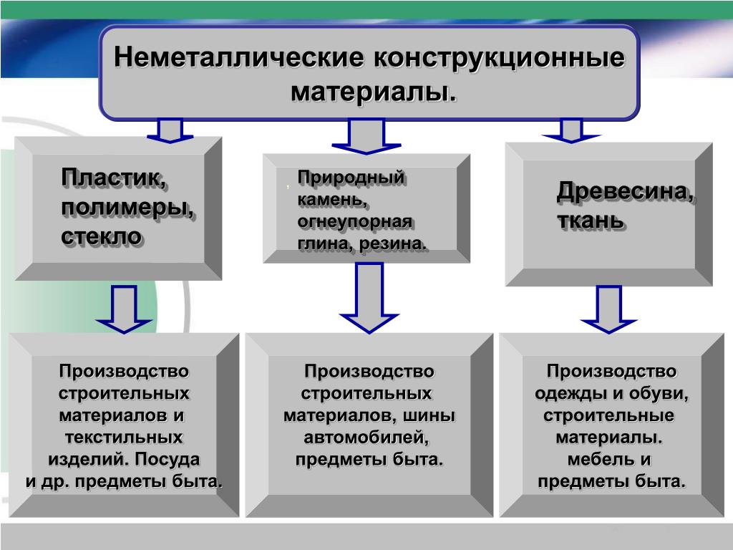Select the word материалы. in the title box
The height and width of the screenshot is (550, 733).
tap(372, 92)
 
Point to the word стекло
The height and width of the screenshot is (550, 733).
tap(101, 236)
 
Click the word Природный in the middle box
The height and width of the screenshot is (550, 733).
tap(351, 177)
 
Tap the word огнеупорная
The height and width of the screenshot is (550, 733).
tap(354, 221)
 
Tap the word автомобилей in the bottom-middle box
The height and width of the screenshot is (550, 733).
tap(369, 437)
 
